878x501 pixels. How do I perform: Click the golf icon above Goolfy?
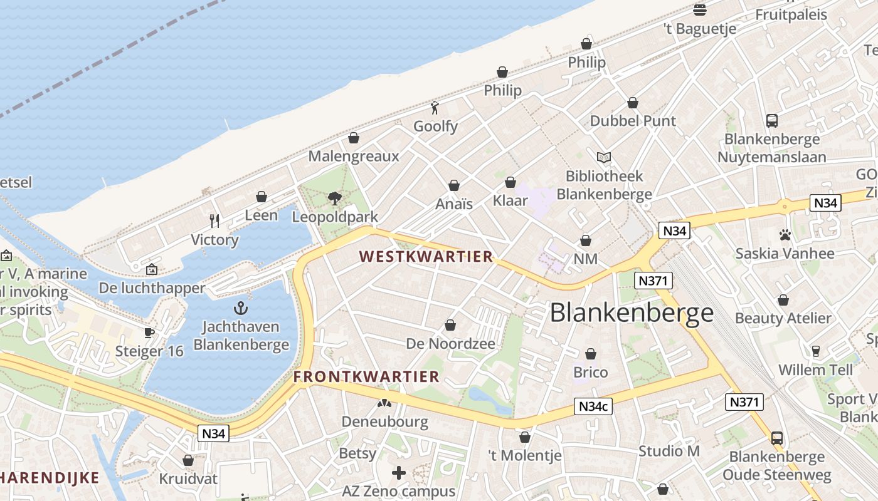435,108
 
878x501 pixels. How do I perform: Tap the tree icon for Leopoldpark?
335,199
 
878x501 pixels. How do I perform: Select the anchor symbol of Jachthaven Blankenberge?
241,308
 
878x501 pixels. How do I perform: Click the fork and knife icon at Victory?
214,220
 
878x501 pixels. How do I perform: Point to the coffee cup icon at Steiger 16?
149,333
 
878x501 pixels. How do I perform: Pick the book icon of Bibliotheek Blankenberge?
604,158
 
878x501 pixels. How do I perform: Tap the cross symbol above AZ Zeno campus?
399,472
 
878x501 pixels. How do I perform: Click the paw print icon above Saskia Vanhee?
785,235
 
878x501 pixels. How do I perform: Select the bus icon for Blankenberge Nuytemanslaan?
772,121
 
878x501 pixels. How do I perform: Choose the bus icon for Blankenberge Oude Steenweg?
777,438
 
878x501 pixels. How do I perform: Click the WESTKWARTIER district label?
426,257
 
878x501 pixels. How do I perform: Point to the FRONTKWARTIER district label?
366,376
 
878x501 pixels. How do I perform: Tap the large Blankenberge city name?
632,313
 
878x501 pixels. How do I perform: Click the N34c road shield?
593,406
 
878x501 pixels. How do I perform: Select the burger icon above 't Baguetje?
700,9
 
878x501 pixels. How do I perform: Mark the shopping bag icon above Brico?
591,354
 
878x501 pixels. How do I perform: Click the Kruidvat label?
188,479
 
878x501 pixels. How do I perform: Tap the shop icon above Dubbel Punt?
633,103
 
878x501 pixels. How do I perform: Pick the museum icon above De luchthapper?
152,269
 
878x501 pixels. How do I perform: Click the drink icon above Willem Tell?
816,351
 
